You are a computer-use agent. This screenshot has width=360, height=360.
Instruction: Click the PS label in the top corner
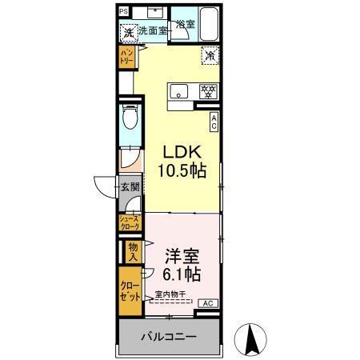point(123,11)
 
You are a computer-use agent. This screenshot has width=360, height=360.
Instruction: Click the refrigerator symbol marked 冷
point(209,56)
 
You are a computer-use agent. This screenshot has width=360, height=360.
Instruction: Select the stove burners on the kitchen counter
point(207,90)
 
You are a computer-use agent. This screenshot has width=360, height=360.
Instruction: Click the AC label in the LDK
point(214,121)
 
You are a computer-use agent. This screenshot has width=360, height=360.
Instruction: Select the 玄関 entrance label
point(130,189)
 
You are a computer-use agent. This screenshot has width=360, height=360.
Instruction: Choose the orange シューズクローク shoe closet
point(129,222)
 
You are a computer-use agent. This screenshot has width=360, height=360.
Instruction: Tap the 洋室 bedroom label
point(182,258)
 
